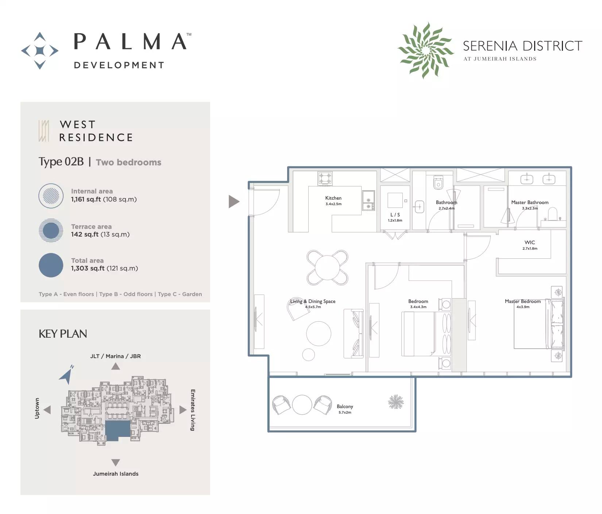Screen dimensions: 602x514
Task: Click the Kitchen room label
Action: (x=333, y=198)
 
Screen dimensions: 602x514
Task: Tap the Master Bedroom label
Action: (x=523, y=301)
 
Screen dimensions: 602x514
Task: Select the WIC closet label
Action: (x=530, y=242)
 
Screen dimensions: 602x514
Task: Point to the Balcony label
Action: (x=345, y=406)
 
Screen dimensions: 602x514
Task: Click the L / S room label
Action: (x=395, y=215)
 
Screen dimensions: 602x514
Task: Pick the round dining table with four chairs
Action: (x=328, y=268)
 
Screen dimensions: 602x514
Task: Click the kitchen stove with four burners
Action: (x=325, y=179)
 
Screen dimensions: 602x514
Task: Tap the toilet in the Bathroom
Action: (x=438, y=182)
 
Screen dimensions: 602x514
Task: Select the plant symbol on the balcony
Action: (x=395, y=402)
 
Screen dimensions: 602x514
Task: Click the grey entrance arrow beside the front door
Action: (x=234, y=202)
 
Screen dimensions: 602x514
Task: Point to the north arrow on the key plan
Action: (x=67, y=375)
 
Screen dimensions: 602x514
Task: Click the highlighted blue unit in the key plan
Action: (x=117, y=430)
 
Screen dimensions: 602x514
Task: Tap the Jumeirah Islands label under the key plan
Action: (x=116, y=474)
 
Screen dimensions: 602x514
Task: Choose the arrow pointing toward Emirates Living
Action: (x=183, y=410)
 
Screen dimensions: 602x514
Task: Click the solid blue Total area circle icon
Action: (x=51, y=265)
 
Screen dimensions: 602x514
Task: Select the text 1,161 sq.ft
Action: (x=86, y=199)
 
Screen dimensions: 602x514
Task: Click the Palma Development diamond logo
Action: (x=40, y=51)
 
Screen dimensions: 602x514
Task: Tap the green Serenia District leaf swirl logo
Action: (x=425, y=50)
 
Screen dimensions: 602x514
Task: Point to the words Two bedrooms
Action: (x=128, y=162)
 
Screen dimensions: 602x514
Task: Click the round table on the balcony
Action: (x=302, y=405)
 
